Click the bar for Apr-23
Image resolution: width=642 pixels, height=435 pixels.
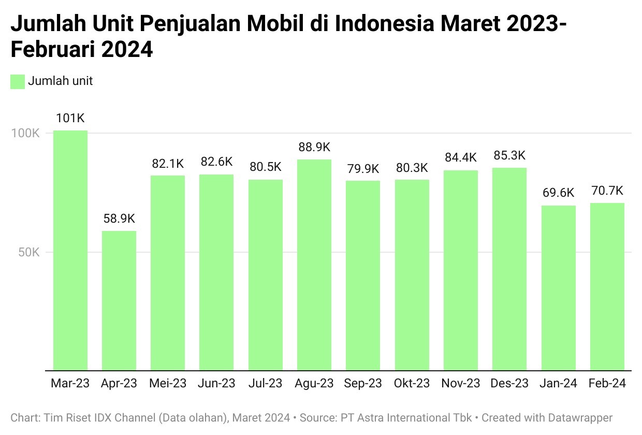(x=119, y=300)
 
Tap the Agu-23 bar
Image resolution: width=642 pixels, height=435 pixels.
(x=314, y=265)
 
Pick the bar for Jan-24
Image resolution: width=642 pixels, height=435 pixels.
(x=559, y=288)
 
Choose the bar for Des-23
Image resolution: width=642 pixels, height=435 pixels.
(x=509, y=269)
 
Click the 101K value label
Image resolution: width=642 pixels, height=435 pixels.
(x=70, y=119)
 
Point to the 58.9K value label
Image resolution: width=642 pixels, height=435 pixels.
(x=119, y=219)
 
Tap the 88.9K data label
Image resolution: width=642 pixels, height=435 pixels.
(x=314, y=148)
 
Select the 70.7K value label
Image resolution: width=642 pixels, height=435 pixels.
(x=607, y=191)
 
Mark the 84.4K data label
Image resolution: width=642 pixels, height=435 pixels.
(x=461, y=157)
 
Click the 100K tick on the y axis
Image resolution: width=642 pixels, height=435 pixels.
(x=26, y=133)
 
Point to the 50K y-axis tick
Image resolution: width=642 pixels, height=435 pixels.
(x=29, y=253)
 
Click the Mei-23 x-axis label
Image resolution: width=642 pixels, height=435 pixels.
(x=168, y=384)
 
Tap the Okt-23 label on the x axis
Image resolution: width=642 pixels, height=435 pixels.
(x=412, y=384)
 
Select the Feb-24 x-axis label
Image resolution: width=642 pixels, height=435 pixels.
(x=607, y=384)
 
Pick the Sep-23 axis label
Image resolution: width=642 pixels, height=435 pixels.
(x=363, y=384)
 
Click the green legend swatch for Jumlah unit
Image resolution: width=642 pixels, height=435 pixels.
(x=18, y=81)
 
